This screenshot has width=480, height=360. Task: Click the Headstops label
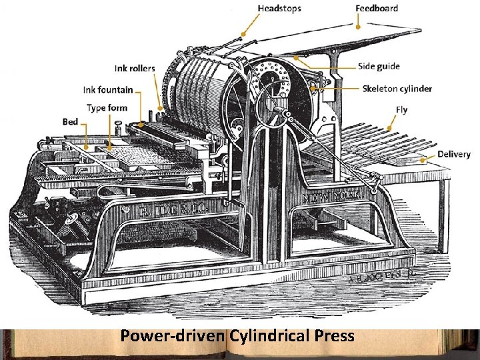click(x=279, y=9)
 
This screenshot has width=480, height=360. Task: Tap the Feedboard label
click(x=377, y=9)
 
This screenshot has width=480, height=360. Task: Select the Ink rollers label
click(x=134, y=68)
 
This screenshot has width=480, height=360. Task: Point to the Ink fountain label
click(x=108, y=89)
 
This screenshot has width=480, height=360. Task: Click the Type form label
click(x=107, y=107)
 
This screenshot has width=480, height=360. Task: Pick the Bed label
click(x=71, y=121)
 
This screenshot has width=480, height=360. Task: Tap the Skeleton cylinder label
click(x=397, y=88)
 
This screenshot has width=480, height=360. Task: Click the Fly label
click(x=401, y=109)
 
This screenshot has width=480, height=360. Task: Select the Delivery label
click(x=454, y=154)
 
